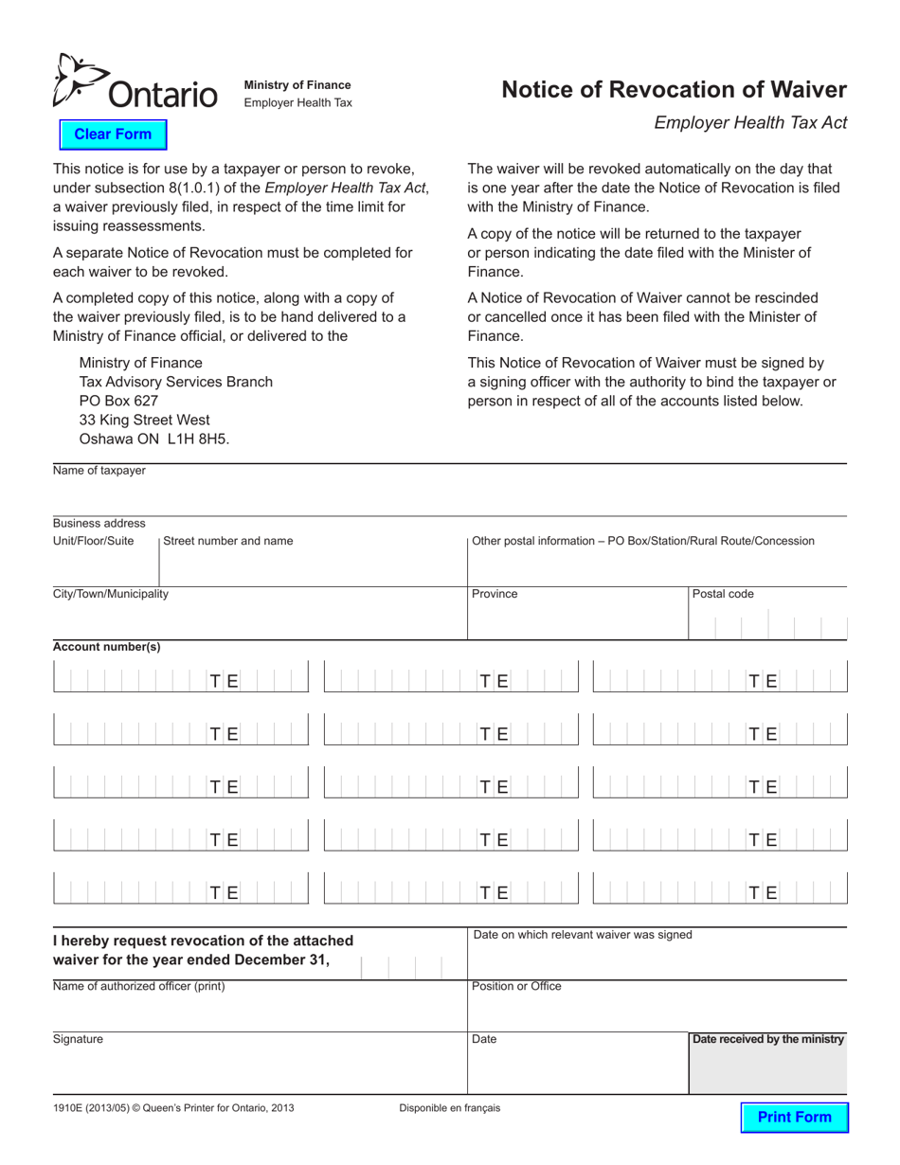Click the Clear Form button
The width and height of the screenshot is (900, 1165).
pos(113,134)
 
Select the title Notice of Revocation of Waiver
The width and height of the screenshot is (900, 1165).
pos(674,90)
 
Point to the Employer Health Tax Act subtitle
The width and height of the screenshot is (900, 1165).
pos(750,122)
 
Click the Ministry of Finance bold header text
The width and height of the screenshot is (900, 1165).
pos(297,85)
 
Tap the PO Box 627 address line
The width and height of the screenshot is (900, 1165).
pos(118,401)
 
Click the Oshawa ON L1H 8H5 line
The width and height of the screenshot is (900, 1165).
pos(153,439)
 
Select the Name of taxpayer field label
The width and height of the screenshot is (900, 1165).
pos(99,471)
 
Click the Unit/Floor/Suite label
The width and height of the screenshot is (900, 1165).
pos(94,541)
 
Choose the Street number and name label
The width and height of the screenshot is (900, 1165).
pos(228,541)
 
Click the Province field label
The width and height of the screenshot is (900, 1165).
pos(495,594)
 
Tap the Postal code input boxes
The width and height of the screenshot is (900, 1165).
pos(768,625)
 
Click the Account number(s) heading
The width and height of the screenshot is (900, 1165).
pos(107,647)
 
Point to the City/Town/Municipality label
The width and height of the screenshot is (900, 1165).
pos(111,594)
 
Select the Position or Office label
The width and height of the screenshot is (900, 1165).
pos(516,986)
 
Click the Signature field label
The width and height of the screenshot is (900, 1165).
pos(78,1039)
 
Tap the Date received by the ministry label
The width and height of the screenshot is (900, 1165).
pos(768,1039)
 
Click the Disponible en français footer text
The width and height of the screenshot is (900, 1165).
pos(450,1107)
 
